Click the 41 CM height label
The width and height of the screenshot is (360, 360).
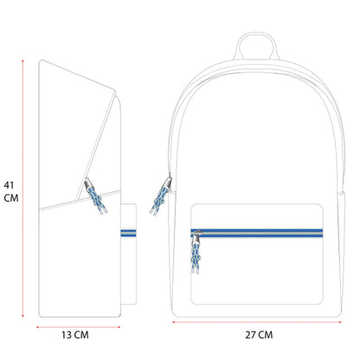point(11,191)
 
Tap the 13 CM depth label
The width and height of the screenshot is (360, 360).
point(75,335)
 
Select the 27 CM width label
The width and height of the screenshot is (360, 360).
point(259,335)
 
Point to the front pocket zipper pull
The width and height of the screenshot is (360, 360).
point(196,252)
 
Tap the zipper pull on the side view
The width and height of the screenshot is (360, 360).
point(95,196)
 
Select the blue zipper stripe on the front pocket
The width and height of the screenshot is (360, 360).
point(257,233)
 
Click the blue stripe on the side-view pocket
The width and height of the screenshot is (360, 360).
point(128,233)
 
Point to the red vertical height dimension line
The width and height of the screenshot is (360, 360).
point(22,189)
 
